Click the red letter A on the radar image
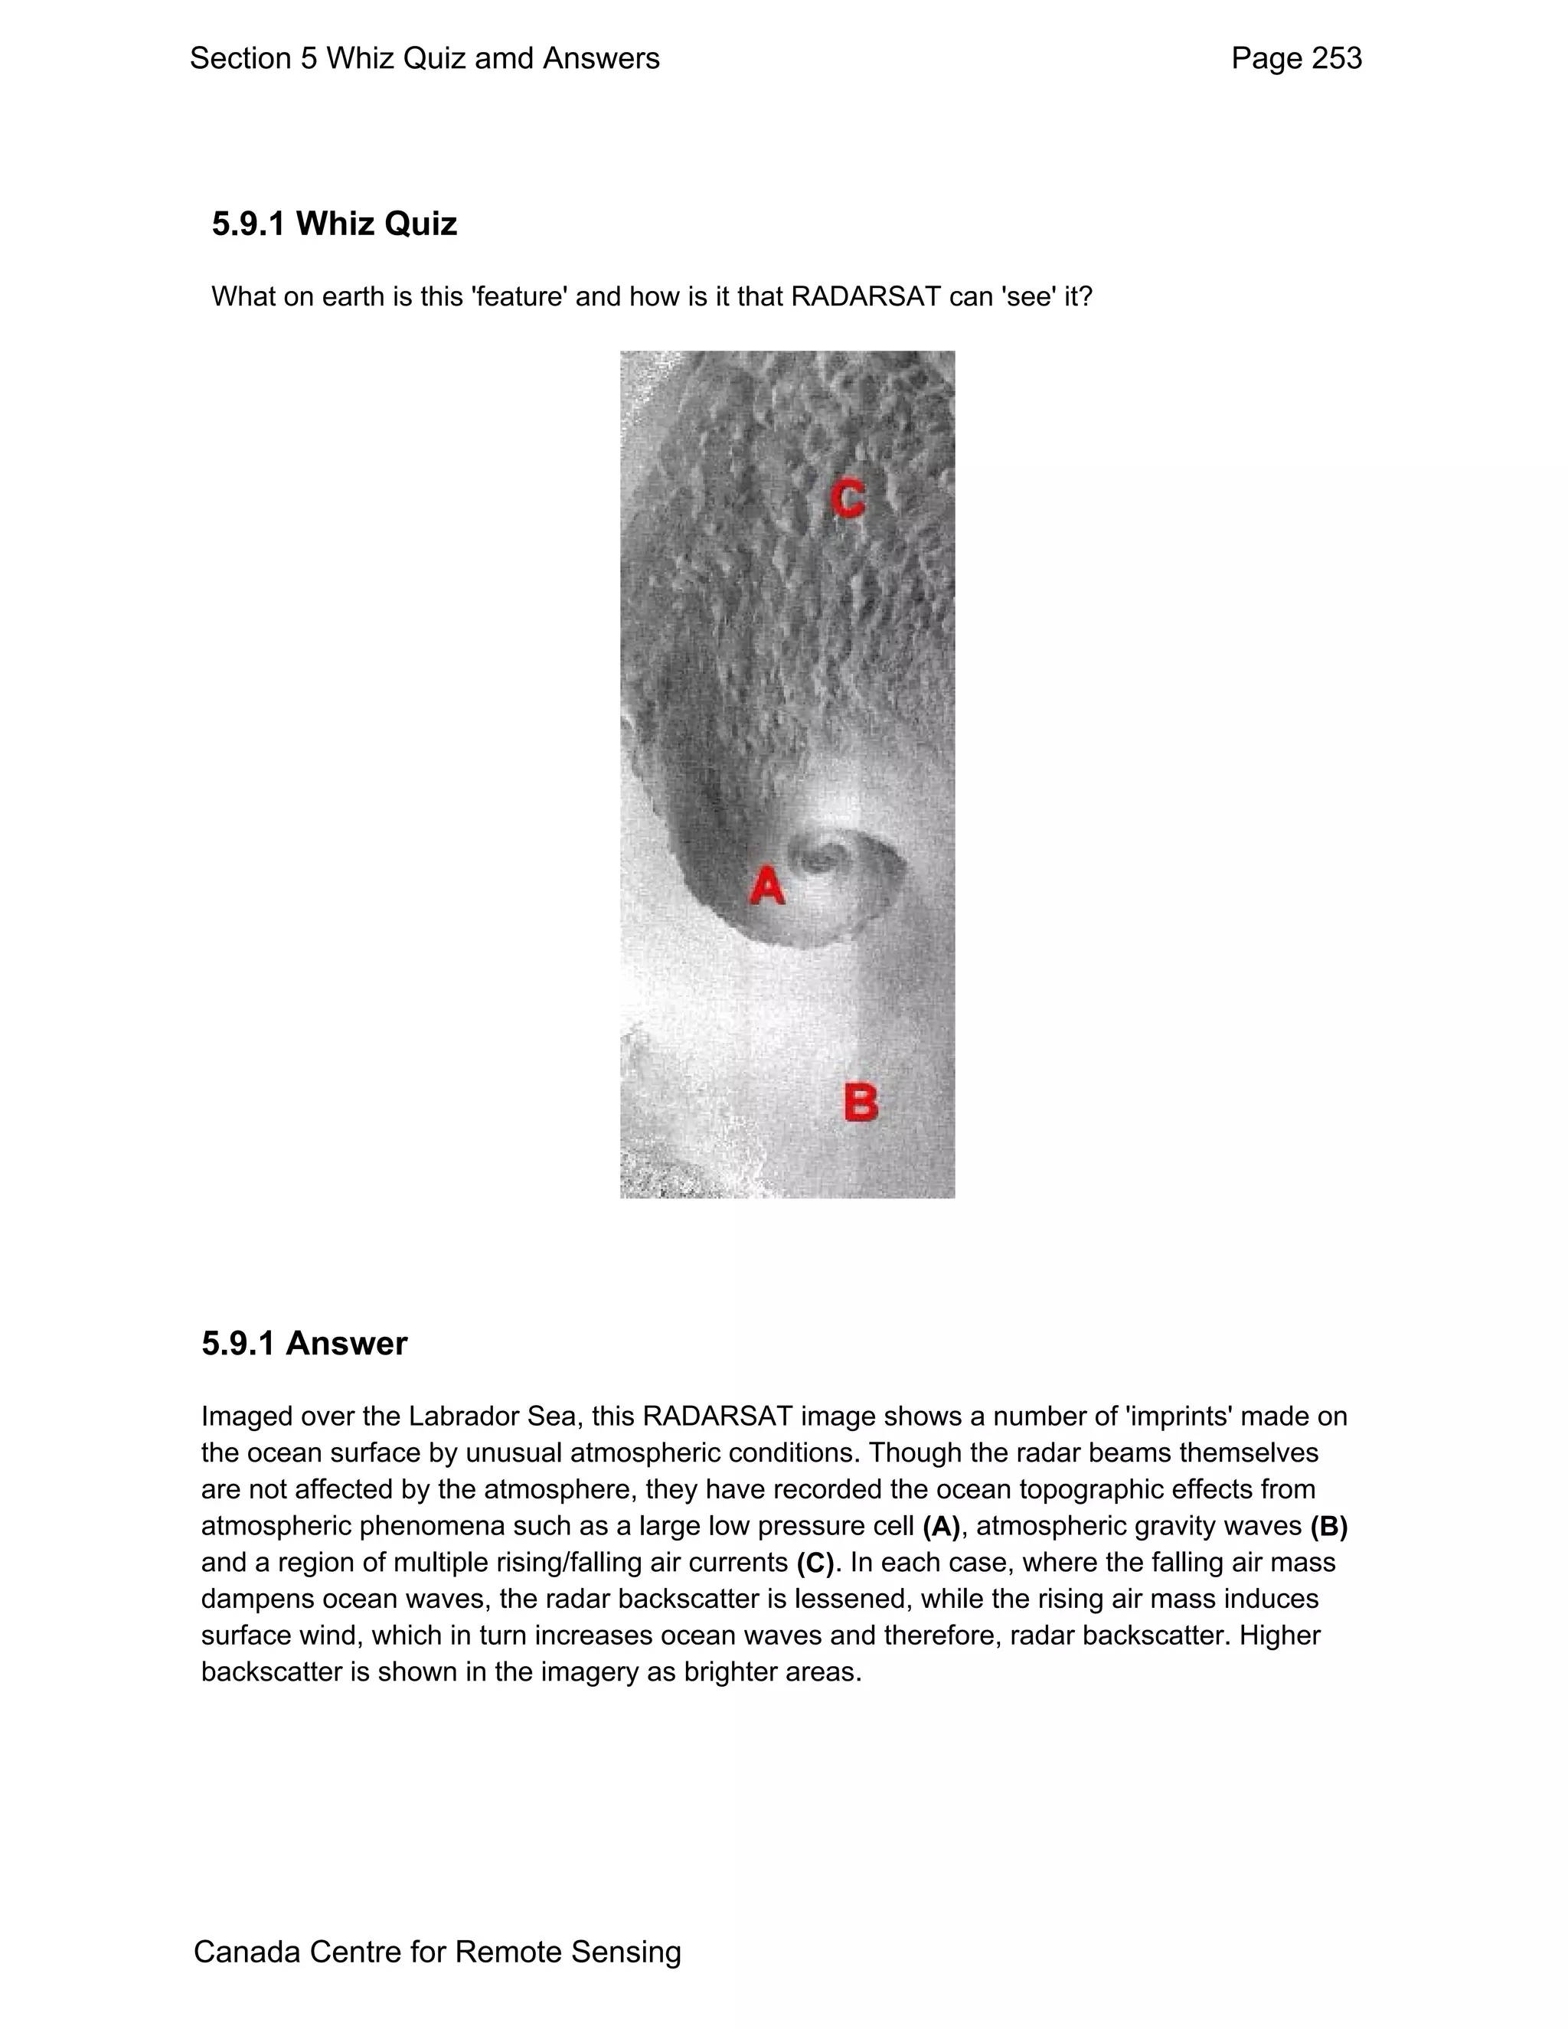click(767, 885)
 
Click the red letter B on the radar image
click(861, 1103)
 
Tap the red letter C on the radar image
click(848, 499)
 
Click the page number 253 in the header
click(1337, 58)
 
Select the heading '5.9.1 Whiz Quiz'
click(335, 224)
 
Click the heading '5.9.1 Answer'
click(305, 1344)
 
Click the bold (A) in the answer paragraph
click(941, 1527)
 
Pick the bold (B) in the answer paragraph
click(1328, 1527)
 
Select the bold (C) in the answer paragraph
click(815, 1563)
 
